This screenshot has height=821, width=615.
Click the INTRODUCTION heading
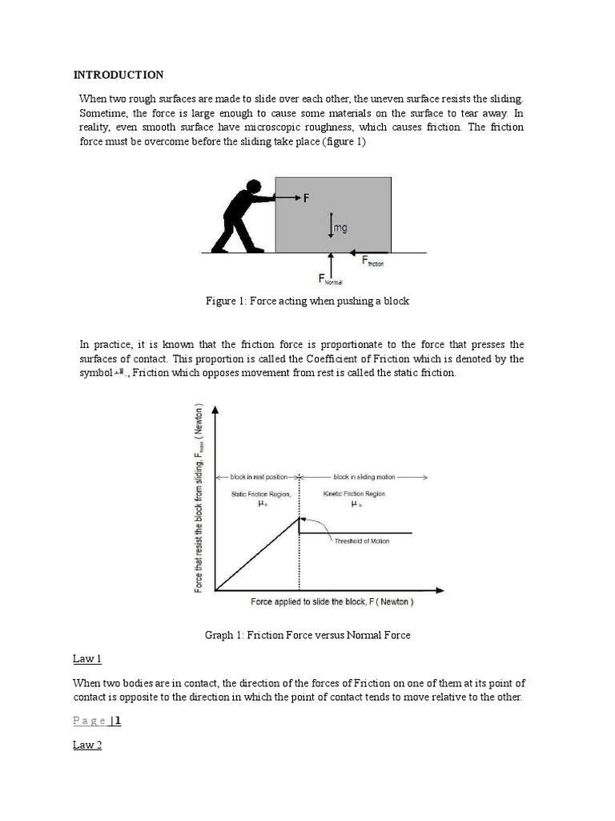[x=119, y=75]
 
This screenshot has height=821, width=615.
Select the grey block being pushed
[x=333, y=213]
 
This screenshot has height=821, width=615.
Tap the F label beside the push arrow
[x=306, y=196]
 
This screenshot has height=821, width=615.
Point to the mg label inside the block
[x=340, y=229]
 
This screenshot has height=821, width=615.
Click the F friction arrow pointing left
[x=365, y=250]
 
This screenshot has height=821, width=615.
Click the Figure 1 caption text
[x=307, y=301]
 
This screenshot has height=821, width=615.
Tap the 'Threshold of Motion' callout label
[x=361, y=541]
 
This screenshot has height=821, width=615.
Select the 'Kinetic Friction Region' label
[x=353, y=494]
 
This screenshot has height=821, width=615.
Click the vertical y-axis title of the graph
[x=199, y=497]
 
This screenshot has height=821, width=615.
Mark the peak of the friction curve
[x=299, y=518]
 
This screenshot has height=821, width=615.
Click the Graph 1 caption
[x=307, y=635]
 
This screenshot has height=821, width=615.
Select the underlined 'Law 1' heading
[x=87, y=659]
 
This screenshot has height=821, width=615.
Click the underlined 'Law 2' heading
[x=87, y=745]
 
